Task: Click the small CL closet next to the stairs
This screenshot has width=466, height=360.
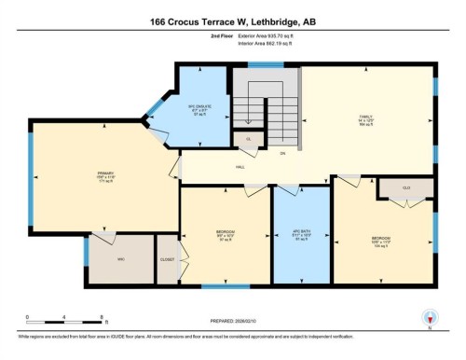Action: click(x=248, y=139)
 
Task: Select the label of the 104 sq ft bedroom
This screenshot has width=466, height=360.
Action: click(x=382, y=241)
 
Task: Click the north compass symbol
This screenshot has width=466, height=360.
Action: click(x=430, y=318)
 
